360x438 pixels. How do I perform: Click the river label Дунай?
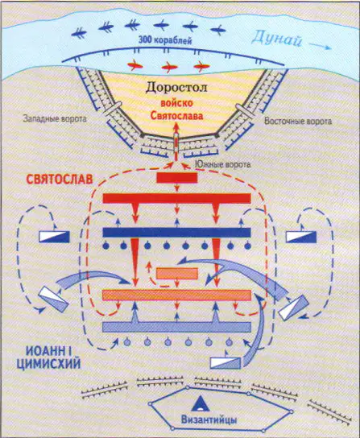point(277,40)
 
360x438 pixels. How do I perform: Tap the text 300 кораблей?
point(165,40)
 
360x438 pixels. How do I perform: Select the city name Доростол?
point(176,88)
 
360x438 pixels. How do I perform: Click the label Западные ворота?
point(55,118)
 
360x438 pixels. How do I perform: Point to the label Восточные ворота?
point(298,122)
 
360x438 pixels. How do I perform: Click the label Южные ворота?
point(222,164)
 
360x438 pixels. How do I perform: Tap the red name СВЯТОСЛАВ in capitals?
point(60,180)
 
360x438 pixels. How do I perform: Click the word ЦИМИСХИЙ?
point(48,364)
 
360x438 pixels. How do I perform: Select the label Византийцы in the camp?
point(209,419)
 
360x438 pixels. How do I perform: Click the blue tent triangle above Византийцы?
point(200,403)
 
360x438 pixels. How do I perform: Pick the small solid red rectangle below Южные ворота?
point(177,178)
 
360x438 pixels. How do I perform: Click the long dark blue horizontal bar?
point(176,233)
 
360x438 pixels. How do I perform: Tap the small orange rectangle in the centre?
point(177,274)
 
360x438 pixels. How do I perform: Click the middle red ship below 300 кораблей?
point(169,67)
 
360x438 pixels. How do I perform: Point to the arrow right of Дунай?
point(321,46)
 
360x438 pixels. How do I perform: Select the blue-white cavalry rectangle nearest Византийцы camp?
point(226,363)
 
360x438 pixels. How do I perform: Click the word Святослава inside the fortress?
point(176,116)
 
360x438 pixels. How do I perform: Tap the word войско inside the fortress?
point(176,103)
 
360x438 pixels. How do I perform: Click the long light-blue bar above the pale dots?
point(176,327)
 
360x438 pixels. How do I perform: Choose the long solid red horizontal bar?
point(176,198)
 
